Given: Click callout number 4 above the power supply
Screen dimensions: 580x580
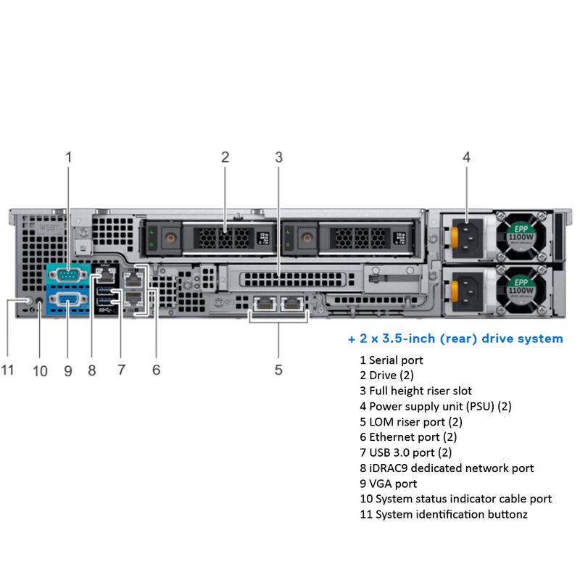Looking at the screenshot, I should [x=466, y=157].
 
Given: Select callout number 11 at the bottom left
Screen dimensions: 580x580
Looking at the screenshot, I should [x=7, y=370].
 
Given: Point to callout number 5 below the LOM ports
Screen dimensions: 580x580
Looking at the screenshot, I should [x=278, y=370].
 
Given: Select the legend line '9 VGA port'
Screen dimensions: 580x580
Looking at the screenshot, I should [x=389, y=484].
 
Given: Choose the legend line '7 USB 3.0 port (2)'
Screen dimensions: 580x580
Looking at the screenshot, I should [x=405, y=452].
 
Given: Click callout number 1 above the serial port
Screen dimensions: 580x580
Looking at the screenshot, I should [x=69, y=157].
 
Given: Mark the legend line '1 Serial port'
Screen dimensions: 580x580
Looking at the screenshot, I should [x=391, y=360].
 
